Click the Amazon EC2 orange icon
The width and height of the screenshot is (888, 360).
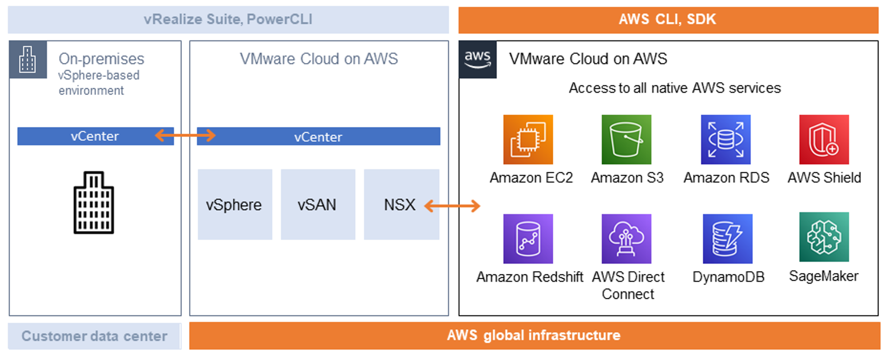[528, 139]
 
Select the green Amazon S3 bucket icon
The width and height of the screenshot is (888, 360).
[626, 139]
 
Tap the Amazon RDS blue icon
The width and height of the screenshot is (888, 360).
[725, 139]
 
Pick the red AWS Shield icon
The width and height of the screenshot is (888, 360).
[824, 139]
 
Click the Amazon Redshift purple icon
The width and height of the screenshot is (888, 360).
[528, 239]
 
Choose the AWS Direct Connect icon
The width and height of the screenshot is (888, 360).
[626, 239]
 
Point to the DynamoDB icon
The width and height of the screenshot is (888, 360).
[727, 239]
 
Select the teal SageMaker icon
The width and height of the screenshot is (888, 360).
[824, 237]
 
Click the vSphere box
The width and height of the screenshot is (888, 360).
[235, 205]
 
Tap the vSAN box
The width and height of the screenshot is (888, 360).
[318, 205]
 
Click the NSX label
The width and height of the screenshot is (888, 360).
[400, 205]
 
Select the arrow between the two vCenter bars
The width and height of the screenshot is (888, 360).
[185, 135]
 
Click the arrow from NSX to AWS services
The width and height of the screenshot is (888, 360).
[452, 206]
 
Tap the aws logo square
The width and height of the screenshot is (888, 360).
[478, 59]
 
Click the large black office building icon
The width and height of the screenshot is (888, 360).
[94, 202]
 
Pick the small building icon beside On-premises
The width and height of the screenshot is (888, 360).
[28, 59]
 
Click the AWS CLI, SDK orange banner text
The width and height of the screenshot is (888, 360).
[667, 20]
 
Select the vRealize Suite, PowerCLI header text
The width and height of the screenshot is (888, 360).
[228, 20]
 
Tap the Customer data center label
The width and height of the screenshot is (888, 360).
[94, 336]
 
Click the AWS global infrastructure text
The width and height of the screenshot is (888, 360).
[533, 335]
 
